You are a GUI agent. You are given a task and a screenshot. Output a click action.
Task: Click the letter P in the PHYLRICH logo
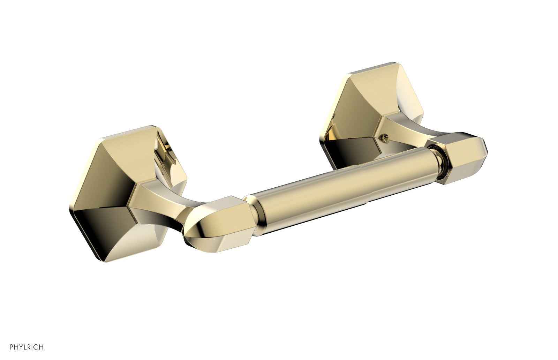(12, 347)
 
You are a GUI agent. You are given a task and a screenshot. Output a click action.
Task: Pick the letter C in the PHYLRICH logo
(36, 347)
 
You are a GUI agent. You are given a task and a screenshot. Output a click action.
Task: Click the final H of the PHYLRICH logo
(41, 347)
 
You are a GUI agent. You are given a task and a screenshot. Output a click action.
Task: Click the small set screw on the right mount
(385, 138)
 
